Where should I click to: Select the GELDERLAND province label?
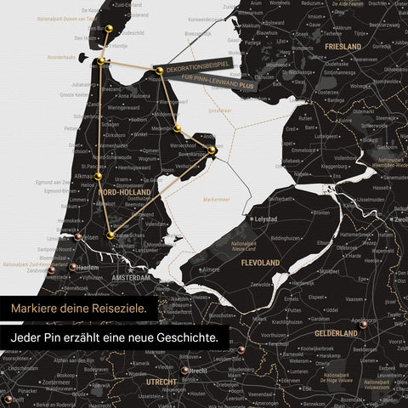336,333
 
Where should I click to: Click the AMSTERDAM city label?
129,278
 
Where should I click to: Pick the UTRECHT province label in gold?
161,382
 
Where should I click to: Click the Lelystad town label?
266,218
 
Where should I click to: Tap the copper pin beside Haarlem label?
73,267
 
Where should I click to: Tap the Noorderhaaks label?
60,58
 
